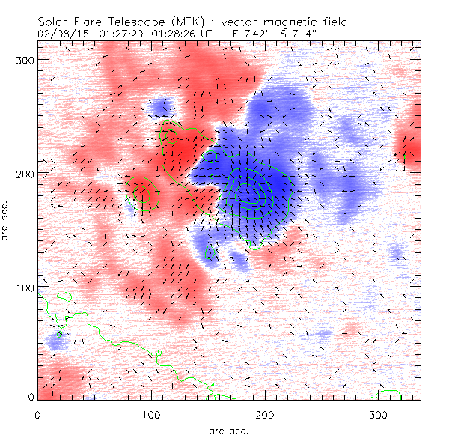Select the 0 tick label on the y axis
tap(30, 398)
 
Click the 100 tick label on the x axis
tap(151, 413)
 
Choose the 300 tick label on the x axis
tap(379, 413)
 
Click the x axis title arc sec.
tap(229, 431)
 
